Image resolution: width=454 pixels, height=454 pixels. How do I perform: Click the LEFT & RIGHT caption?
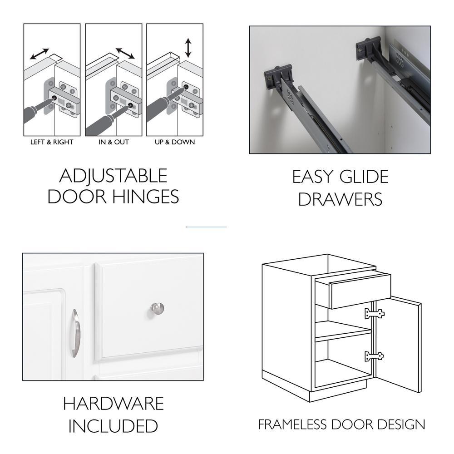tap(52, 142)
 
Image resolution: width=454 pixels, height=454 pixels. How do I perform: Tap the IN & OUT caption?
tap(113, 142)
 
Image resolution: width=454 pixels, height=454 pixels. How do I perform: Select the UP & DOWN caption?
tap(175, 142)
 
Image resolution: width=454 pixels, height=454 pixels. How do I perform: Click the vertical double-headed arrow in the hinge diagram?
tap(188, 48)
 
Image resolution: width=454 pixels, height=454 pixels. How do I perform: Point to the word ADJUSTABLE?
tap(113, 175)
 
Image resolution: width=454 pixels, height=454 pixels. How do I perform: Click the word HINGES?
tap(145, 197)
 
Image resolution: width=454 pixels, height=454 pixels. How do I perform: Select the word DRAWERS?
tap(340, 199)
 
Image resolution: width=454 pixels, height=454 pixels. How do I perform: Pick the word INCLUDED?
tap(113, 426)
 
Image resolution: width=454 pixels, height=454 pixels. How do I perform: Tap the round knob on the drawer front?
tap(157, 309)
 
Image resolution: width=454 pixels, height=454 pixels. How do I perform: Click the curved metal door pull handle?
tap(75, 333)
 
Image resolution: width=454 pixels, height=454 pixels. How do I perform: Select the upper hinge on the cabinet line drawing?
tap(375, 314)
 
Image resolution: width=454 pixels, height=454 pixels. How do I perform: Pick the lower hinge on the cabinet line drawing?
tap(374, 356)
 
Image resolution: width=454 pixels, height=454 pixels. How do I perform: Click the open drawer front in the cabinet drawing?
tap(360, 291)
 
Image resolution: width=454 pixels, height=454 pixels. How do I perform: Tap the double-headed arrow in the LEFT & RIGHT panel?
tap(39, 54)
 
